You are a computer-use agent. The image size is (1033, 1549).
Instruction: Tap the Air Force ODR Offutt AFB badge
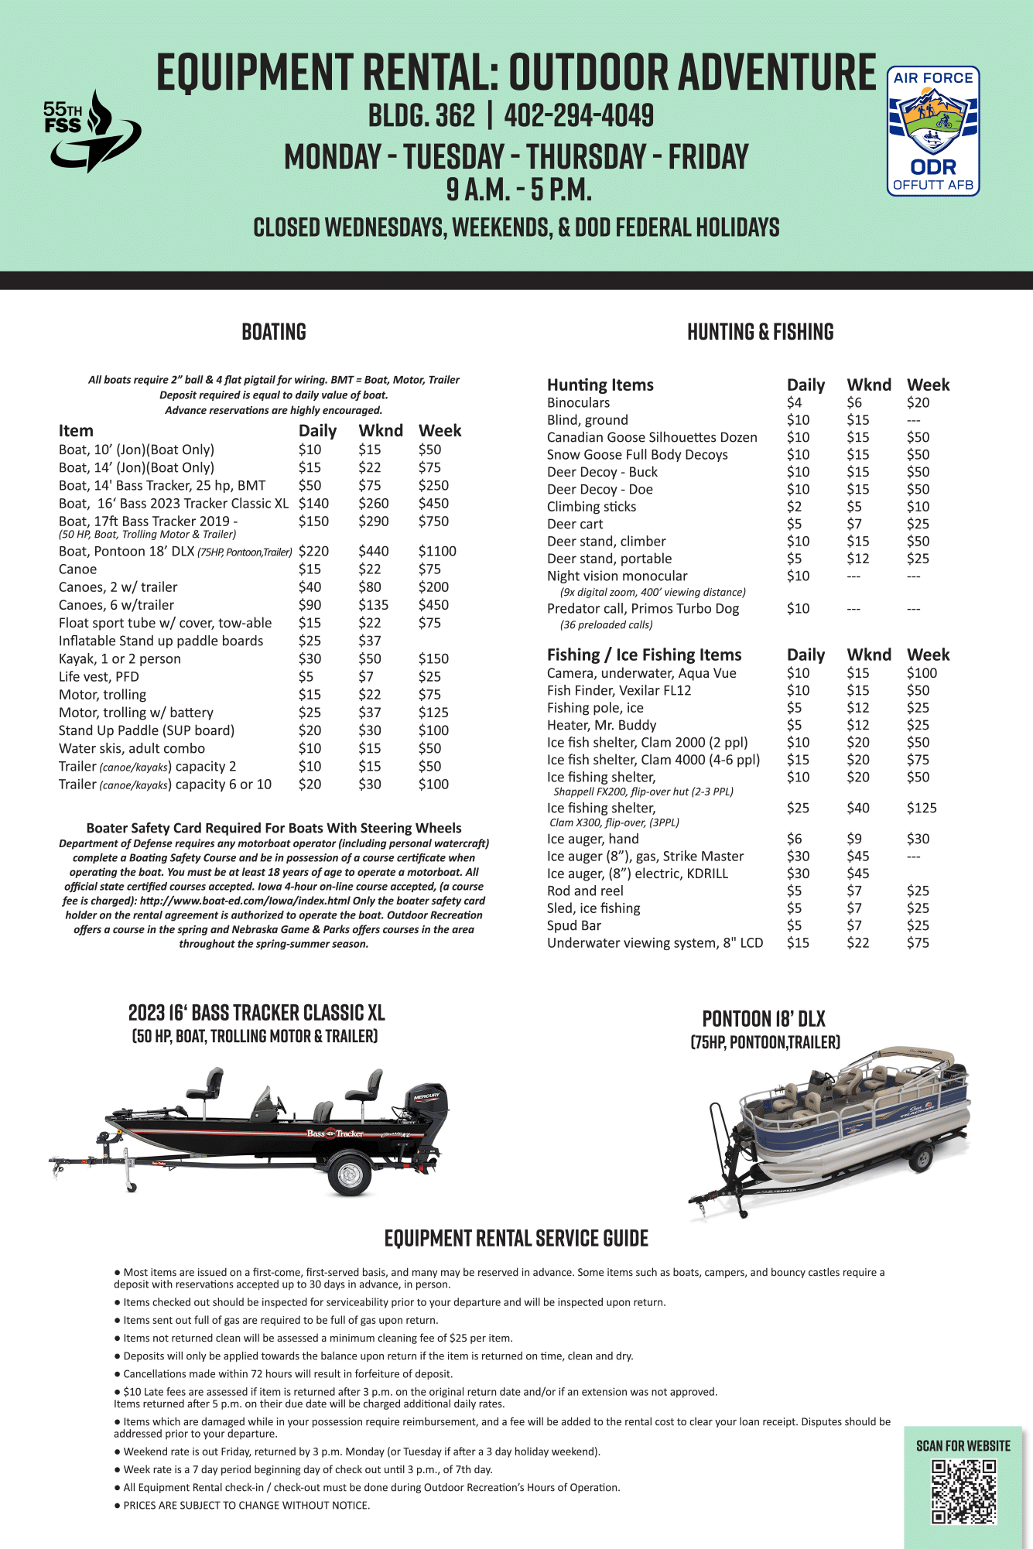(932, 131)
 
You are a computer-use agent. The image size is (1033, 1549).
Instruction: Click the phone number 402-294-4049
(579, 116)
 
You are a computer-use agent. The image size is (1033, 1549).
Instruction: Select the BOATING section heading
(274, 332)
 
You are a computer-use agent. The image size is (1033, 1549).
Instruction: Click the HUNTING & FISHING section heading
(760, 332)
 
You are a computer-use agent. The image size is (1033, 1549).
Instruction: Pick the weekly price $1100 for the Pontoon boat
(437, 551)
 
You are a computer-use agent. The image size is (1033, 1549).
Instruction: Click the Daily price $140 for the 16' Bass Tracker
(313, 503)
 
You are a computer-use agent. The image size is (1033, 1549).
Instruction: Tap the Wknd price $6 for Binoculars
(853, 402)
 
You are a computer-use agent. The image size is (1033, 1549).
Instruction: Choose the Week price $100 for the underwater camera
(922, 673)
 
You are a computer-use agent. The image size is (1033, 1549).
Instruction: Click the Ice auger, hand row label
(593, 839)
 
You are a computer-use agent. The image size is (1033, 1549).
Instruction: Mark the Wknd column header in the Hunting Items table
(868, 385)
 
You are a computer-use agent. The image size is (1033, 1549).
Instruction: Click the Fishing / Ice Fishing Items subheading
(644, 655)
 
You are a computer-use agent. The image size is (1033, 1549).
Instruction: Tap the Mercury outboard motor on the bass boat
(426, 1109)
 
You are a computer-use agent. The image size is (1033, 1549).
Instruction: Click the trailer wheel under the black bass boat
(349, 1175)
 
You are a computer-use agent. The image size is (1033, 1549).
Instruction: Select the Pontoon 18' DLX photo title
(764, 1018)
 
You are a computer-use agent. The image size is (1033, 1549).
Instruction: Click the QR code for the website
(963, 1492)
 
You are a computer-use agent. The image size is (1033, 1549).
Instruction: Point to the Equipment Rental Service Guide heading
(516, 1238)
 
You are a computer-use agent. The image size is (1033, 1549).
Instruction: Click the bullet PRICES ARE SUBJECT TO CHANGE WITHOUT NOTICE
(246, 1505)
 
